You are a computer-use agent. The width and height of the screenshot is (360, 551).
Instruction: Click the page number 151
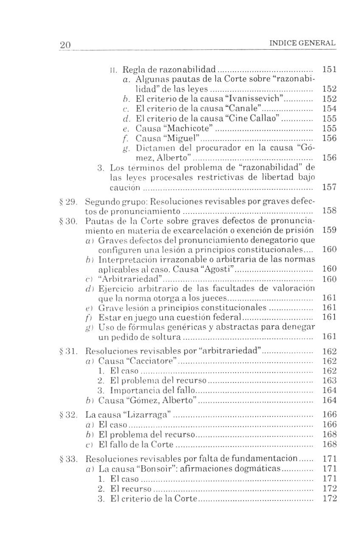point(329,69)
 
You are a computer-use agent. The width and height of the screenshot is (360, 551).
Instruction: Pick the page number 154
point(329,108)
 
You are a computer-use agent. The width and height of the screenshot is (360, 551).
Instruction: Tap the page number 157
point(329,187)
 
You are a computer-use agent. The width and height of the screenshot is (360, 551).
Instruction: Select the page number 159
point(329,231)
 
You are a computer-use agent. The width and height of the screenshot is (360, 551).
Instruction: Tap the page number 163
point(329,381)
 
